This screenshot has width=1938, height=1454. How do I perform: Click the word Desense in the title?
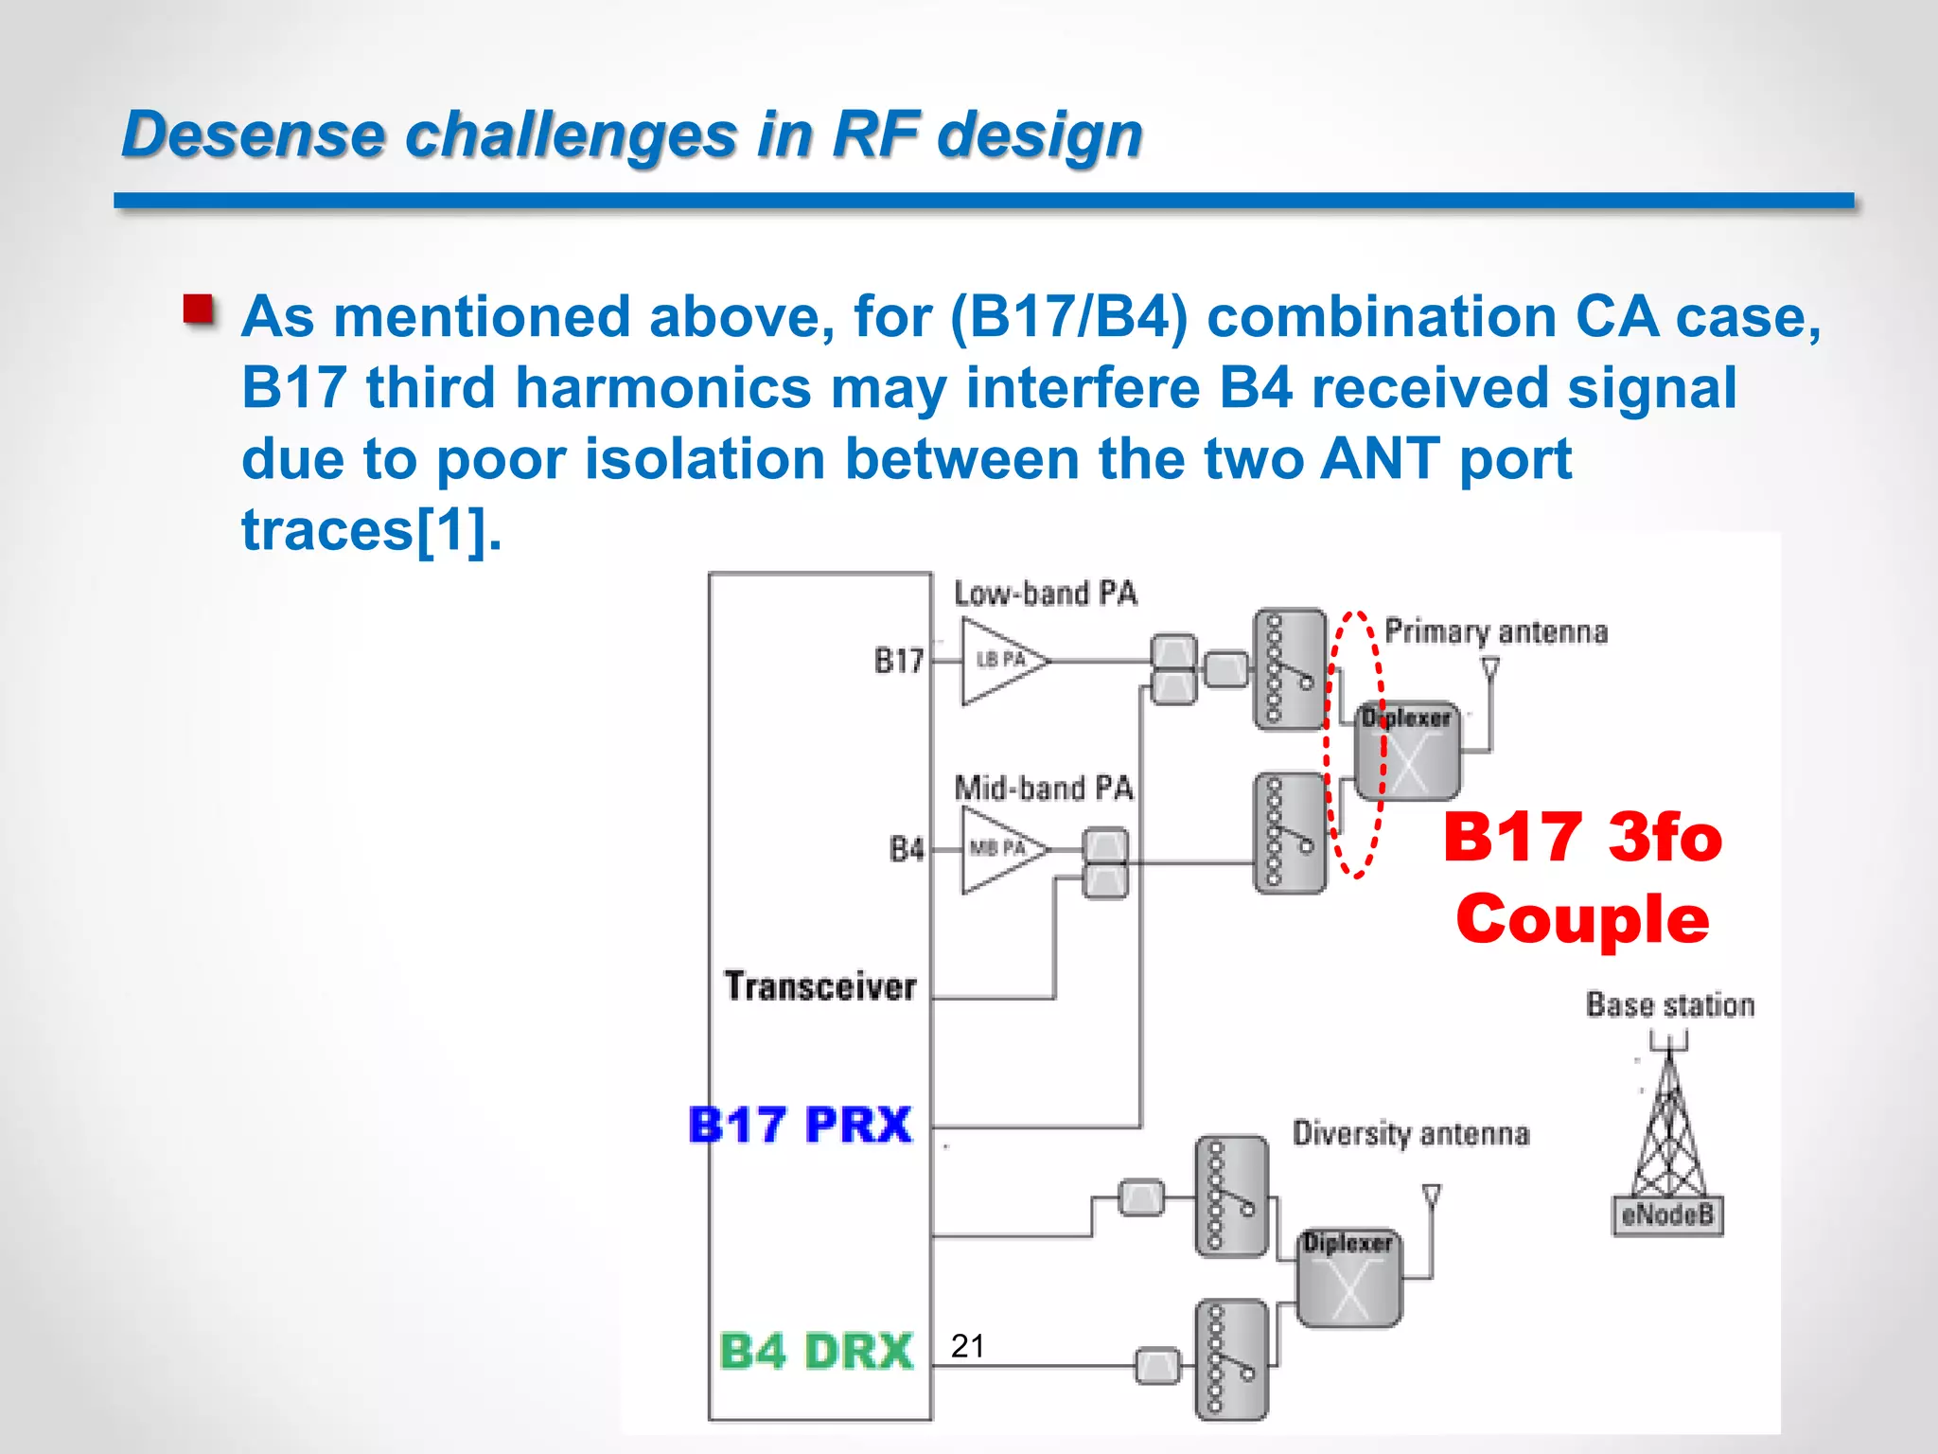pos(253,133)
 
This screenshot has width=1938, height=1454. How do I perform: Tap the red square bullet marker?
pos(199,310)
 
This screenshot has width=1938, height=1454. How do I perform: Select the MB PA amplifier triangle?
pos(1001,849)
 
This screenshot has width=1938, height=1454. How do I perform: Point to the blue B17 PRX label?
pos(801,1126)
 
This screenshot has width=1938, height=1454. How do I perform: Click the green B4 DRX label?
pos(816,1351)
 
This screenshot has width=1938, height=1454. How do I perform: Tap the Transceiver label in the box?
pos(820,986)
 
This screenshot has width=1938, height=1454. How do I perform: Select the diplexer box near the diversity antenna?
pos(1349,1278)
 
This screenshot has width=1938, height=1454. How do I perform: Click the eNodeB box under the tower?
pos(1667,1215)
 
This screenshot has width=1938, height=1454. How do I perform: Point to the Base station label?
pos(1670,1004)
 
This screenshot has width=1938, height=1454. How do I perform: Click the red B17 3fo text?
pos(1582,838)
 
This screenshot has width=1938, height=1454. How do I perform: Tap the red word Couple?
pos(1582,919)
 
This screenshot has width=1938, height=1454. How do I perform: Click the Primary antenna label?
pos(1496,631)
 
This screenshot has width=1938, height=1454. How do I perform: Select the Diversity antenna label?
pos(1410,1133)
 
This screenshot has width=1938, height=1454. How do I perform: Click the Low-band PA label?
pos(1045,594)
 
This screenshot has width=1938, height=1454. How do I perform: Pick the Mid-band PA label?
pos(1043,788)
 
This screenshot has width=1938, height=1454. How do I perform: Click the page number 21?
pos(968,1345)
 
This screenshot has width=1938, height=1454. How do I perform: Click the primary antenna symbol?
pos(1490,669)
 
